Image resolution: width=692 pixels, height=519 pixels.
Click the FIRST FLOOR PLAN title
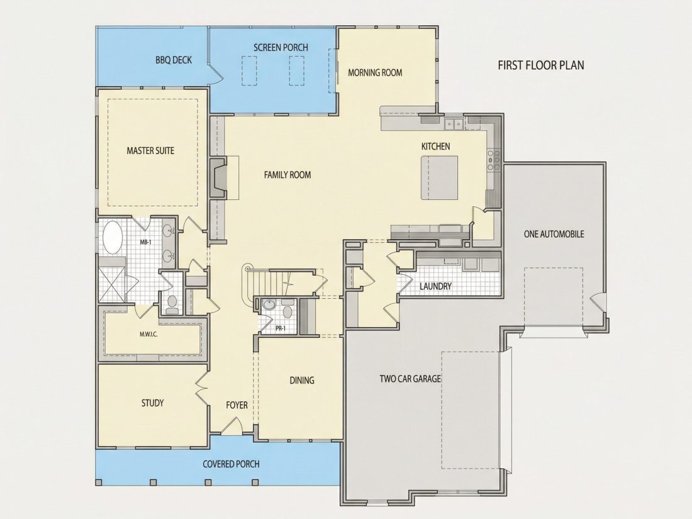(x=540, y=65)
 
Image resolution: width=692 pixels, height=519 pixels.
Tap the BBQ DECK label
(x=174, y=60)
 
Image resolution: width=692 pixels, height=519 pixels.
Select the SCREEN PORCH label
(x=281, y=47)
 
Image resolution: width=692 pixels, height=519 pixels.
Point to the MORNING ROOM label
(x=375, y=72)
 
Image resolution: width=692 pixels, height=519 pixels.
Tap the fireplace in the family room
(x=218, y=177)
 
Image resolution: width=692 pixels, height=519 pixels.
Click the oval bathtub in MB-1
(x=113, y=237)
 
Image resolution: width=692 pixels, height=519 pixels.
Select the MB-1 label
(x=146, y=242)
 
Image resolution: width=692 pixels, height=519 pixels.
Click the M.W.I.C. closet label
(x=148, y=334)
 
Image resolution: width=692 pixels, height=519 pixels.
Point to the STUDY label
(x=153, y=403)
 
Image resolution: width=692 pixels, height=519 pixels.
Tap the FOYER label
(x=237, y=405)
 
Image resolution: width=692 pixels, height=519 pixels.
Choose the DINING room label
(x=302, y=380)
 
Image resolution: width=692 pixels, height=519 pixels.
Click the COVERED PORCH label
(x=231, y=464)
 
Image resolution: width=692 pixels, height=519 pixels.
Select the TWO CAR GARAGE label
(x=410, y=379)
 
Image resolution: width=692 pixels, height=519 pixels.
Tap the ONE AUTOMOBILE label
(x=554, y=234)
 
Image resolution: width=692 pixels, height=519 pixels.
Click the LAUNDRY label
(x=435, y=286)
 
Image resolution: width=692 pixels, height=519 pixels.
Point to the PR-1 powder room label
(x=281, y=328)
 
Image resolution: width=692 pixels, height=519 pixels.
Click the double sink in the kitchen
(x=454, y=124)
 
